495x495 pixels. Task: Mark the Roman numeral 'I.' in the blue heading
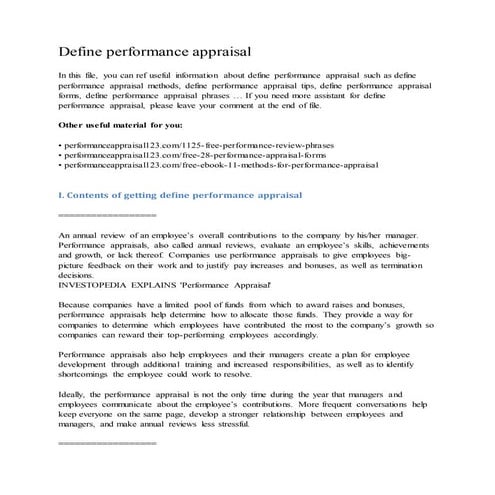pos(62,199)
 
